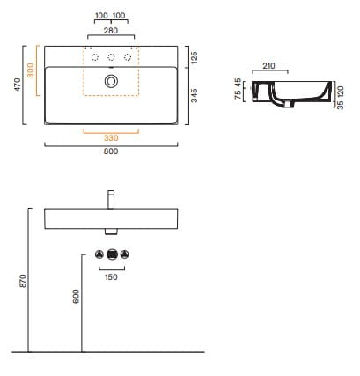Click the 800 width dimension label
pos(111,151)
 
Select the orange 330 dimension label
pos(111,138)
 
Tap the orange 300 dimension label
pos(30,70)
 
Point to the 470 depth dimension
pos(18,85)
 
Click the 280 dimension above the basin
pos(111,31)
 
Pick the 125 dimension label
pos(195,57)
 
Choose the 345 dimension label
pos(195,96)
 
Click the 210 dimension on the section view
pos(269,66)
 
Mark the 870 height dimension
pos(23,281)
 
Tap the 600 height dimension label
pos(76,296)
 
